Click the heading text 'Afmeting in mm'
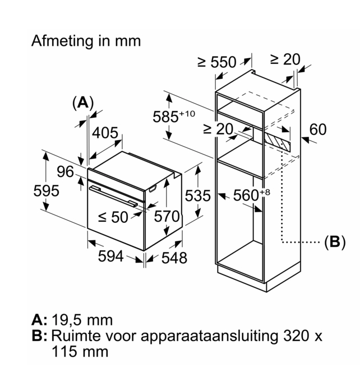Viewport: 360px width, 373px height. [86, 41]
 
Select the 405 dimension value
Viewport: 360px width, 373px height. [105, 133]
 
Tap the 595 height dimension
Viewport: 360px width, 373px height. [46, 190]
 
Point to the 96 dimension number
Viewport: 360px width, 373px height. [65, 172]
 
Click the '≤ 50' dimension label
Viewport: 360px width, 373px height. [113, 217]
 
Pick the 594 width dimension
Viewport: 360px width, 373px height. [110, 256]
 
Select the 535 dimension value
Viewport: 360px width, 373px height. [198, 195]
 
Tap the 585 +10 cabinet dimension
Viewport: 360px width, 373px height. [173, 116]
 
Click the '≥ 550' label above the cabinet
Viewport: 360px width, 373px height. [217, 62]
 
